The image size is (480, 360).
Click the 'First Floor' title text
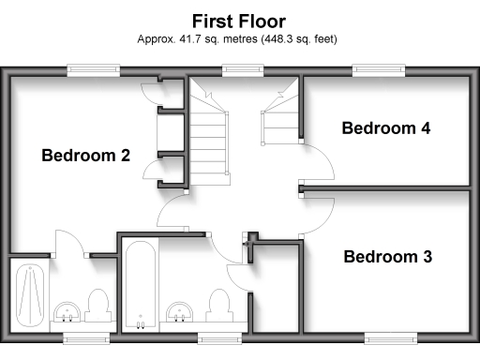tap(239, 20)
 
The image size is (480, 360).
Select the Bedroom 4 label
tap(385, 128)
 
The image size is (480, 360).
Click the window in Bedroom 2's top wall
tap(93, 67)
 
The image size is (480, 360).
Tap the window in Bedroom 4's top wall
tap(379, 67)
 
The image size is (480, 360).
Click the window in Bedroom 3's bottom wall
tap(391, 335)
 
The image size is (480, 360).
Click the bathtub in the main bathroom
tap(141, 286)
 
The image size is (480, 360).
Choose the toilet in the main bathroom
tap(219, 305)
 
